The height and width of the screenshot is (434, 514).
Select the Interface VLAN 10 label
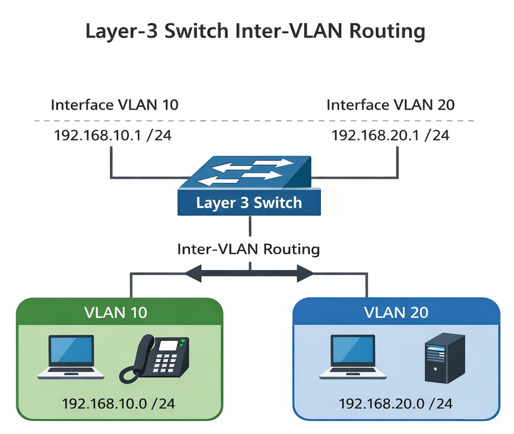point(114,105)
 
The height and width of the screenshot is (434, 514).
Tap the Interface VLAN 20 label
point(390,105)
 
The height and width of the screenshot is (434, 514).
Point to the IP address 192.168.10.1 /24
point(113,135)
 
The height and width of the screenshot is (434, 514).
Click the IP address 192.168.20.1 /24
point(390,135)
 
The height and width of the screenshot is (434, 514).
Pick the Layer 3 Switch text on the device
point(249,203)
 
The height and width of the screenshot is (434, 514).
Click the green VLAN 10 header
point(116,312)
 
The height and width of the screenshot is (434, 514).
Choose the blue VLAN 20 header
point(396,312)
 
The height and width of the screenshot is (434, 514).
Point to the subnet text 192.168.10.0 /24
point(118,404)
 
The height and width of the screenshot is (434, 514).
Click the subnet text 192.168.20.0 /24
point(396,404)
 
